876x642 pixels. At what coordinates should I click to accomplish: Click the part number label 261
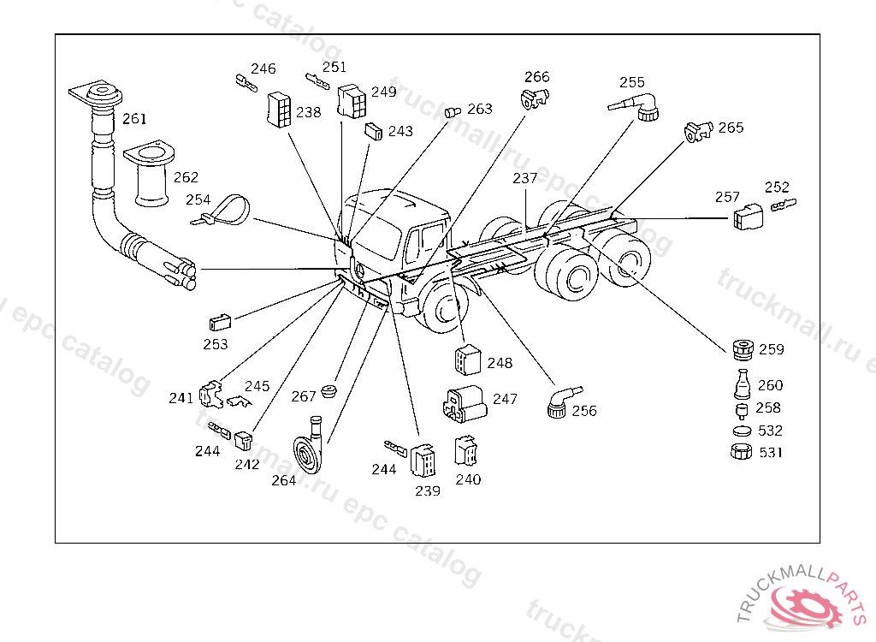point(134,119)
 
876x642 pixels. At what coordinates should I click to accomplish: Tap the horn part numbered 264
point(309,448)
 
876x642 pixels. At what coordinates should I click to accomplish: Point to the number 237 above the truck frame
point(524,178)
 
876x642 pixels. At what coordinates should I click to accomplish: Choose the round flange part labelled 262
point(150,174)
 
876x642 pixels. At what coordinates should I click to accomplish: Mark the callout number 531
point(771,452)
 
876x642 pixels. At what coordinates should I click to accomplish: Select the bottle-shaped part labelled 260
point(742,384)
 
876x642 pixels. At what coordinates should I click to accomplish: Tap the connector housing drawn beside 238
point(280,110)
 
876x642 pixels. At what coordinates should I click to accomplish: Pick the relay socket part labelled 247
point(465,403)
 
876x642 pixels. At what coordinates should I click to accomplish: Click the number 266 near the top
point(537,77)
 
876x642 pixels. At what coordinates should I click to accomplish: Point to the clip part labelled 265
point(698,132)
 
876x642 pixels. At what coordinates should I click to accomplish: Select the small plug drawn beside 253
point(220,323)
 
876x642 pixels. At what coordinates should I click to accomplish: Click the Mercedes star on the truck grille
point(360,271)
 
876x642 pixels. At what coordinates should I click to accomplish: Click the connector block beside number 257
point(748,217)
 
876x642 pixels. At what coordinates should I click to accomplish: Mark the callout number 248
point(500,363)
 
